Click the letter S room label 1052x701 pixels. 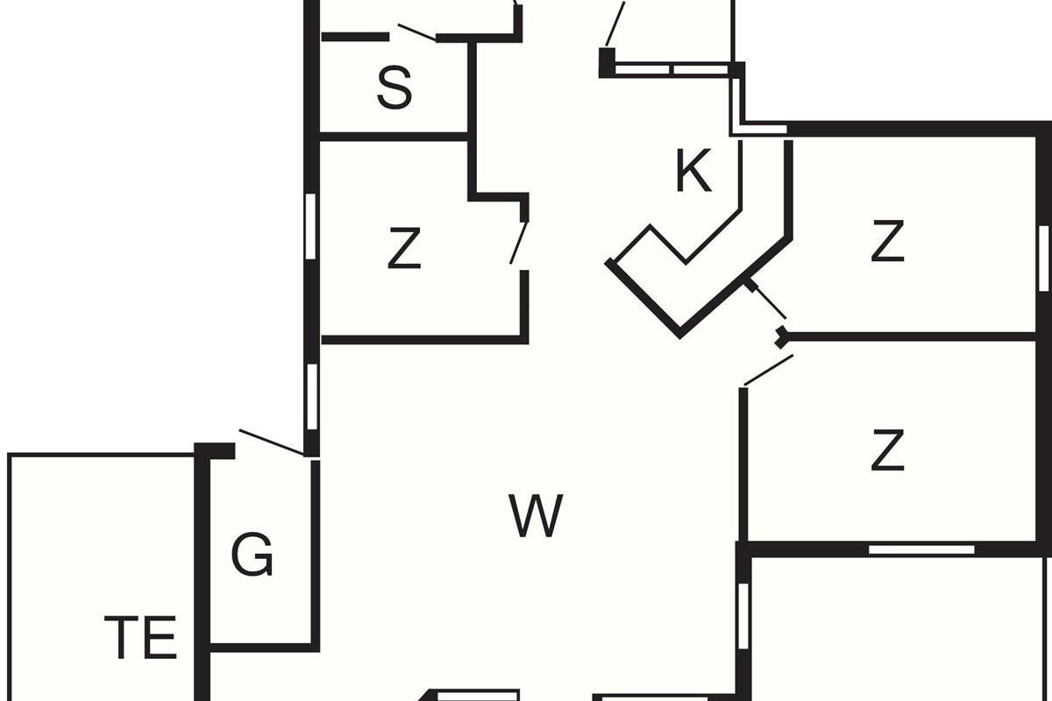coord(394,87)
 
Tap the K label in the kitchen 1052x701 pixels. coord(693,171)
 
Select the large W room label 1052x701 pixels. coord(536,516)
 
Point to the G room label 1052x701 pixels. coord(252,555)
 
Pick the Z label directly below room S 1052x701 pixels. coord(403,250)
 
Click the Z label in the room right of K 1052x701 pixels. coord(887,242)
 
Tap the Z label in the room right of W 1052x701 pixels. coord(887,451)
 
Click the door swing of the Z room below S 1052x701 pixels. coord(519,243)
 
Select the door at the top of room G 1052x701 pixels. coord(272,443)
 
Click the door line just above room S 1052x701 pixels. coord(416,32)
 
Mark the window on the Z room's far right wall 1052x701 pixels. coord(1042,258)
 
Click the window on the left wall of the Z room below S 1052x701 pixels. coord(310,225)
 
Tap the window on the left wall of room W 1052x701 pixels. coord(311,396)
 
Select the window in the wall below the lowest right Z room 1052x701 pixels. coord(920,549)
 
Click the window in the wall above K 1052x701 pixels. coord(672,69)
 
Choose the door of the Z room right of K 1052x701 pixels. coord(769,301)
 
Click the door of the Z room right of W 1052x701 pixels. coord(768,370)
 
